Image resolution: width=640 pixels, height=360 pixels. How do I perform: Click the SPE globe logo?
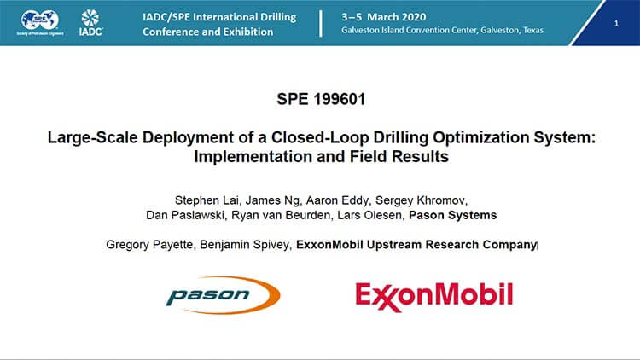(40, 22)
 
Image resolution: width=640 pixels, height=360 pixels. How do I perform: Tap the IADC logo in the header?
(90, 22)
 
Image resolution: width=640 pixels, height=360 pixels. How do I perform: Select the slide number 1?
(616, 23)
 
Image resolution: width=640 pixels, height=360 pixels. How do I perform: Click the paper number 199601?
(340, 99)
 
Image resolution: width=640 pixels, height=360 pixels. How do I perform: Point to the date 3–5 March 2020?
(384, 17)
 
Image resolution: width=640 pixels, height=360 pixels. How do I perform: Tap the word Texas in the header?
(533, 30)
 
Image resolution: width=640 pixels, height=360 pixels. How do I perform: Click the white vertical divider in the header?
(320, 23)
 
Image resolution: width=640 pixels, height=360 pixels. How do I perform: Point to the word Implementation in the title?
(253, 157)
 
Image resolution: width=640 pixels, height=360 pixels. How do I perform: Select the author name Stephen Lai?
(207, 200)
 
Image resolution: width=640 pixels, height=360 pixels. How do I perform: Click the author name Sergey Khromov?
(420, 200)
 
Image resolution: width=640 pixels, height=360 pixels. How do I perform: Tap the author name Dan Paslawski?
(185, 215)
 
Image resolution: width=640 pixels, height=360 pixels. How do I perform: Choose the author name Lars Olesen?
(369, 215)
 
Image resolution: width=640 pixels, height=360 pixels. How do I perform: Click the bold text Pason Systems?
(452, 215)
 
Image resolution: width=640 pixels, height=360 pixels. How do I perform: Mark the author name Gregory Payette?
(149, 245)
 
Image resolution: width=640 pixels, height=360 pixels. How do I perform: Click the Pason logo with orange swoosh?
(223, 295)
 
